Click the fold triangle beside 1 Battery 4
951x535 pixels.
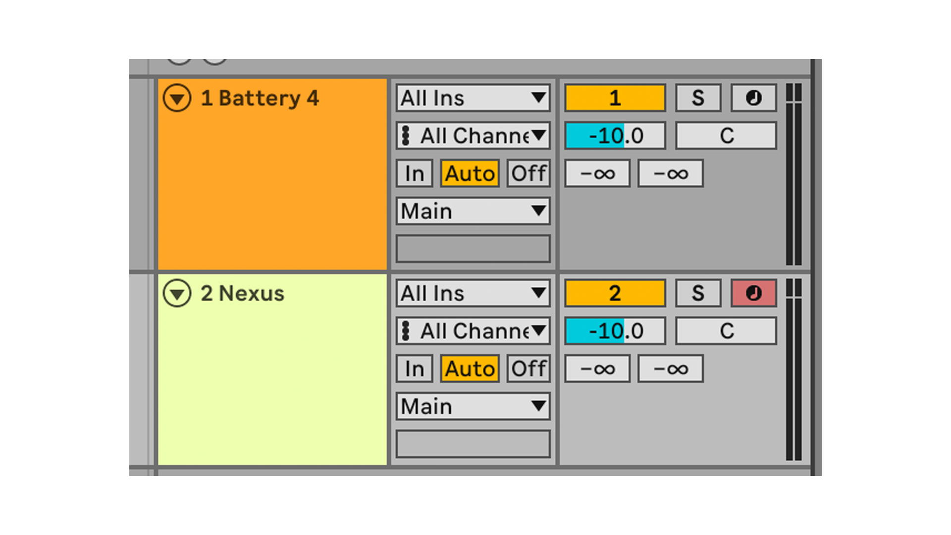(177, 98)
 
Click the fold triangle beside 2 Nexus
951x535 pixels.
(177, 293)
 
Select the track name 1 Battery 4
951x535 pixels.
(260, 98)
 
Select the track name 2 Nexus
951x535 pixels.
(242, 293)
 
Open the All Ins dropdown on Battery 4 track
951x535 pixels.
(473, 98)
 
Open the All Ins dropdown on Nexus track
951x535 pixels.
(473, 293)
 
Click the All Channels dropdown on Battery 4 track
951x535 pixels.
(473, 135)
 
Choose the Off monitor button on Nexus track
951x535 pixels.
(528, 369)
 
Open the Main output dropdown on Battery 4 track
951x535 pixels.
(473, 211)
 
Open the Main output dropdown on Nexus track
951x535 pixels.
(473, 406)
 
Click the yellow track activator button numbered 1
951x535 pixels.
(615, 98)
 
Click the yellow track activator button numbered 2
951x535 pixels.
(615, 293)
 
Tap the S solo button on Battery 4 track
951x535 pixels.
(698, 98)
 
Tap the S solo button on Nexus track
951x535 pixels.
(698, 293)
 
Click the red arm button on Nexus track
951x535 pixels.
(754, 293)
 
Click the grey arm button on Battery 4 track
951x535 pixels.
(754, 98)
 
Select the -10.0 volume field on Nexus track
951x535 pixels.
(615, 331)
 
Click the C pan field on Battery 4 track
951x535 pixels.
(726, 135)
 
